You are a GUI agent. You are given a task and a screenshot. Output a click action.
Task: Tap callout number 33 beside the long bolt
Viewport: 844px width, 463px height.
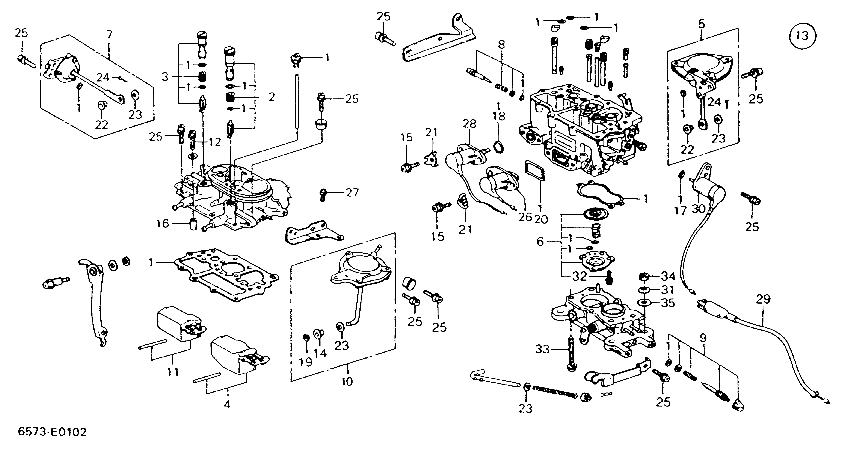pyautogui.click(x=542, y=349)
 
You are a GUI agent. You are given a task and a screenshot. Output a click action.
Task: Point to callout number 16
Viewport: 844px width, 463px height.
pyautogui.click(x=163, y=224)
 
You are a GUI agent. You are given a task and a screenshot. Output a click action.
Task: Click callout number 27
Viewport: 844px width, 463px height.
pyautogui.click(x=353, y=192)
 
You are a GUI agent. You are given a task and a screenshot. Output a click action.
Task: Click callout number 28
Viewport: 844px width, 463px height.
pyautogui.click(x=469, y=124)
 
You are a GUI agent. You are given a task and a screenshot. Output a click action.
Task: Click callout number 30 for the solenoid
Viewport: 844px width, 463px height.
pyautogui.click(x=699, y=208)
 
